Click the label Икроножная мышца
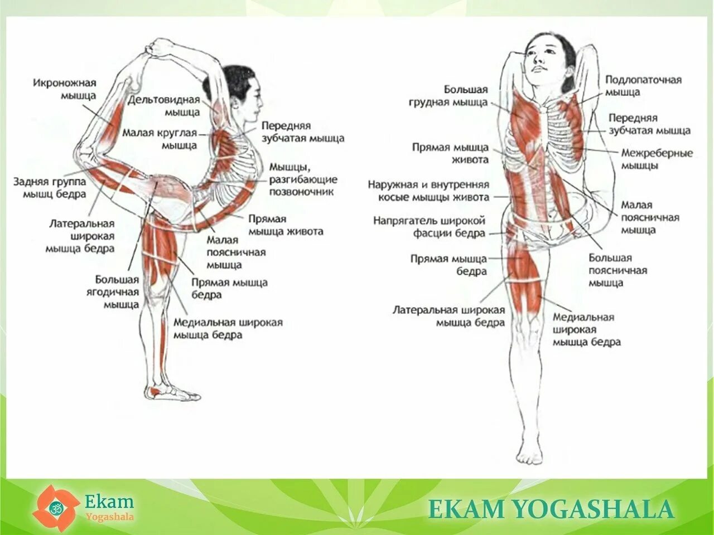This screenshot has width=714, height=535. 65,89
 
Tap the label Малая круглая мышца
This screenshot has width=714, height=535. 160,139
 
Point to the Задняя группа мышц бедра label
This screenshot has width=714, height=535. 50,188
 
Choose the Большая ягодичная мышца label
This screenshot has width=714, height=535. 117,292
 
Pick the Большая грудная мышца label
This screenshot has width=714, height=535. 448,96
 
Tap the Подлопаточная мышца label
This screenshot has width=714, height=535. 643,86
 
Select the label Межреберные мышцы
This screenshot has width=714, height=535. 657,159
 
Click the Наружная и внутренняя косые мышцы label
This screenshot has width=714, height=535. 428,191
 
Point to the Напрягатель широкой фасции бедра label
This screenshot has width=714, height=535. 429,227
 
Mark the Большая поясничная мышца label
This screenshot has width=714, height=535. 617,270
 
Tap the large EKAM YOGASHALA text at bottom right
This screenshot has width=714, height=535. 551,509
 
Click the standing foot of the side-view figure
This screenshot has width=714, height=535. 173,393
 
